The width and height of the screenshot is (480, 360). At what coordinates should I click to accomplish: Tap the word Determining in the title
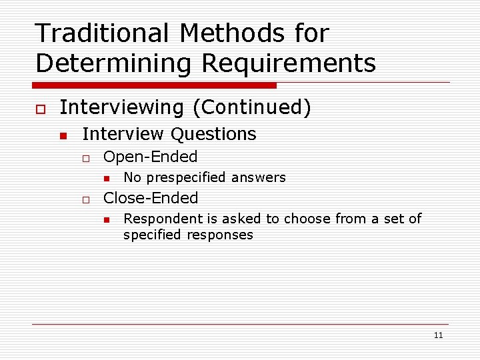[x=114, y=63]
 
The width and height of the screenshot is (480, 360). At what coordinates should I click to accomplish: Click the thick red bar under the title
[x=154, y=85]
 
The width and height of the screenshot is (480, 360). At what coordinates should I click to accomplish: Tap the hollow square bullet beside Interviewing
[x=41, y=109]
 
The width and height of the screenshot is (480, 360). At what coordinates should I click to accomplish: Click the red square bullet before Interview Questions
[x=63, y=135]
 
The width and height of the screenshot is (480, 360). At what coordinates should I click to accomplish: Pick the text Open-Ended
[x=151, y=157]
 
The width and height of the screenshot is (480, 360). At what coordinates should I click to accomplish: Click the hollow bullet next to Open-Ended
[x=85, y=159]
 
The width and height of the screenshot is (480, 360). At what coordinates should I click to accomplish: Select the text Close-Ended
[x=151, y=198]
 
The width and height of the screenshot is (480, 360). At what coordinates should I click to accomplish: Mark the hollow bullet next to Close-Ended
[x=85, y=199]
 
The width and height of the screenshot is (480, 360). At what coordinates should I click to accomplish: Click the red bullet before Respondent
[x=105, y=219]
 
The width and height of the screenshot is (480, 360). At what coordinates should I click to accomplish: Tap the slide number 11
[x=438, y=335]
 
